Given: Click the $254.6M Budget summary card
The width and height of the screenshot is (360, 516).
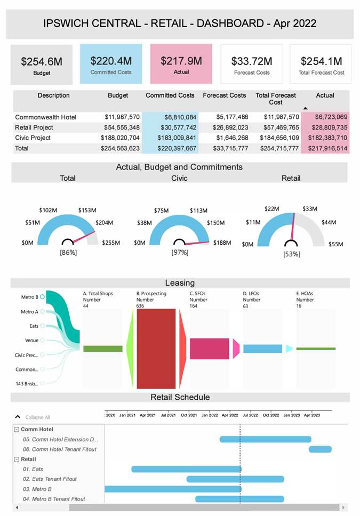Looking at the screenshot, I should (42, 64).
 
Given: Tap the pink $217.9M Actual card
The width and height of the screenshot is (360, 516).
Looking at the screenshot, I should (181, 64).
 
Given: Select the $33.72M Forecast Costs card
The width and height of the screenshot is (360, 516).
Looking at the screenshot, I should (252, 64).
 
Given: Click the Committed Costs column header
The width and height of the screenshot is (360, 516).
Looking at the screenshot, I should (170, 95).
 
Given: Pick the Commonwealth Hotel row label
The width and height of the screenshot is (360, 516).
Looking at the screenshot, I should (46, 117).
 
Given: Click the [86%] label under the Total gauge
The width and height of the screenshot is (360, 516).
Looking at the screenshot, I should (68, 252).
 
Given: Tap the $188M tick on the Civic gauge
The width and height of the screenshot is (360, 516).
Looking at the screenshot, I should (222, 243).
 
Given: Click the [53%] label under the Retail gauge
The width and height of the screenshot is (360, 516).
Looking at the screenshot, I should (291, 254).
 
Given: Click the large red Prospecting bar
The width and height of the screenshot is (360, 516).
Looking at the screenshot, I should (156, 348).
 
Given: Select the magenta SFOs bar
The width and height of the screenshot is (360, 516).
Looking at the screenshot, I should (209, 348).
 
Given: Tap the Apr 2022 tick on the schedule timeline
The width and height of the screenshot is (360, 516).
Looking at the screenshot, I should (230, 415).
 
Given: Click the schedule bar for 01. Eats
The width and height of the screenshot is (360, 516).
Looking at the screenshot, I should (186, 469).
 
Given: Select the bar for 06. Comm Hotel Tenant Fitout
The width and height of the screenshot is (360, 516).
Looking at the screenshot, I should (320, 449).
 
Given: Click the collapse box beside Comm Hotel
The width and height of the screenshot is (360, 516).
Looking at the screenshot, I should (17, 430).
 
